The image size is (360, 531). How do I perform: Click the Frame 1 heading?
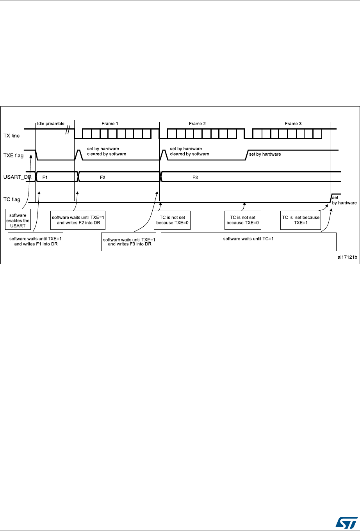click(x=110, y=124)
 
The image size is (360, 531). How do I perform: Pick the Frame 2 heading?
click(x=197, y=124)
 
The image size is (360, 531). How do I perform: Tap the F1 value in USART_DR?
click(x=45, y=177)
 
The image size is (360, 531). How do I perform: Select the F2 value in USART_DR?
click(x=103, y=177)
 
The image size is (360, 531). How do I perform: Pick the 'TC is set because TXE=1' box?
click(x=301, y=220)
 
